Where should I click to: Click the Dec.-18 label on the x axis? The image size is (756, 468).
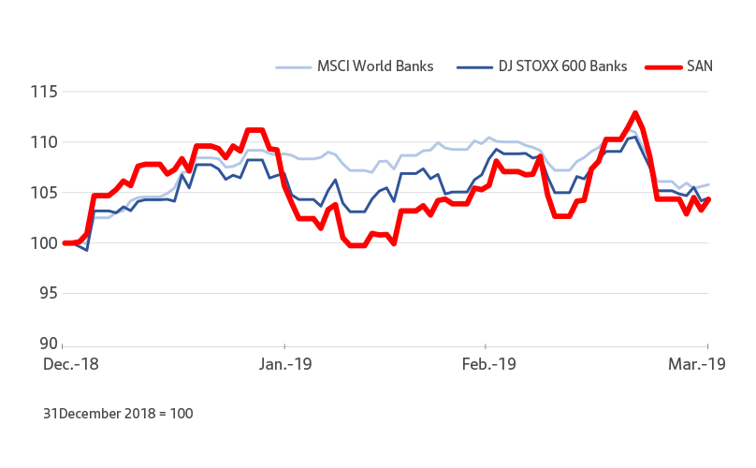point(68,363)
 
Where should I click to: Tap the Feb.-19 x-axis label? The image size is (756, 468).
point(489,363)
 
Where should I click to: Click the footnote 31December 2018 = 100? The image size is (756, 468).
point(118,413)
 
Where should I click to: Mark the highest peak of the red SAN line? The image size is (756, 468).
point(635,113)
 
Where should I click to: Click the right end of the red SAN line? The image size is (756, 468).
point(708,199)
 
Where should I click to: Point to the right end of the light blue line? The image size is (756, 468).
point(708,184)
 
